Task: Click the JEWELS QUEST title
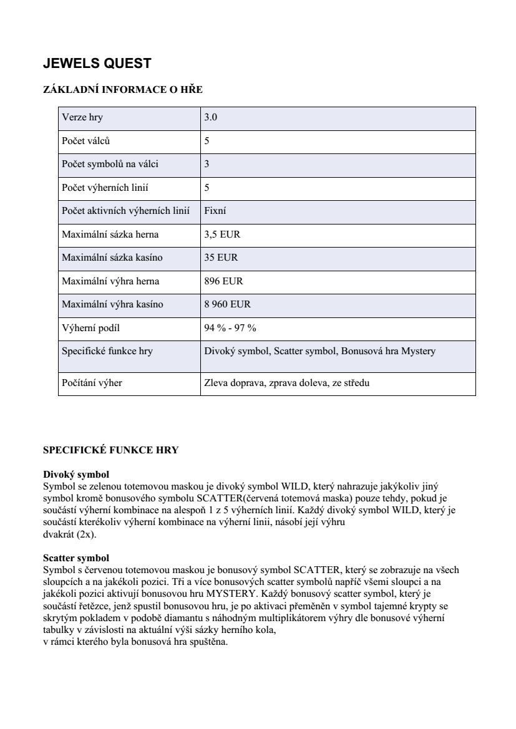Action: tap(97, 64)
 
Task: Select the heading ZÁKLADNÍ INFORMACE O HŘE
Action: tap(123, 90)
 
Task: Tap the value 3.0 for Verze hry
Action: tap(211, 117)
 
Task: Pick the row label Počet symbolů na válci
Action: tap(110, 164)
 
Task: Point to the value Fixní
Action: tap(215, 211)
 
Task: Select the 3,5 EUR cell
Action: tap(222, 234)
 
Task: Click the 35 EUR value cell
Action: tap(221, 258)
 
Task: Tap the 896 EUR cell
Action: tap(223, 281)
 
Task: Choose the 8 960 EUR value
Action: tap(227, 304)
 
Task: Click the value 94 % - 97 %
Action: tap(230, 328)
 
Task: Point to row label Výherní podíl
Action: tap(90, 328)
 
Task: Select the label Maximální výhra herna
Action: tap(110, 281)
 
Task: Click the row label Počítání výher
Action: tap(92, 383)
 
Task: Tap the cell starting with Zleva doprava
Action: tap(286, 383)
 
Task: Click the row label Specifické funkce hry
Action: tap(107, 351)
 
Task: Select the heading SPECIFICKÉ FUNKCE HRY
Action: tap(110, 450)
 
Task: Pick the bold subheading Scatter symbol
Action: tap(76, 558)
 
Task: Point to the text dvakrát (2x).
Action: tap(70, 534)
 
